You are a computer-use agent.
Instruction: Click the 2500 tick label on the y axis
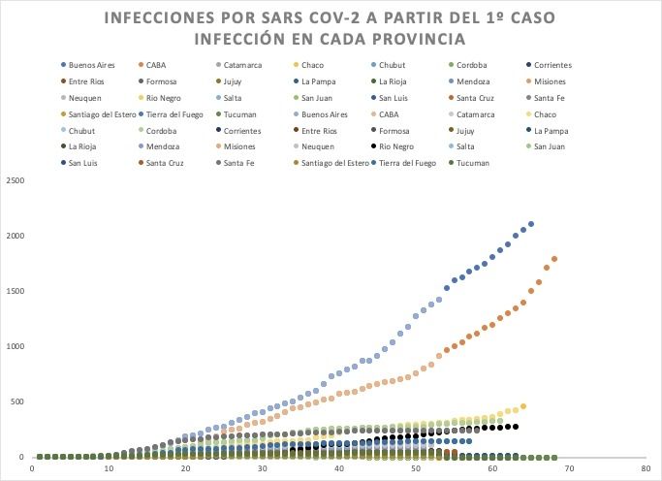click(16, 181)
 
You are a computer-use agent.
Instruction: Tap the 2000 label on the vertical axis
click(16, 237)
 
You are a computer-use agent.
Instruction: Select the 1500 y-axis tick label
click(16, 292)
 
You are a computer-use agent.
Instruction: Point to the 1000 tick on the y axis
click(16, 347)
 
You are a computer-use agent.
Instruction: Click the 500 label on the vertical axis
click(18, 401)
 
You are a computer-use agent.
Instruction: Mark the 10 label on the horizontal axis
click(110, 468)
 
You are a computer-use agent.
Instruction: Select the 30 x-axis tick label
click(263, 468)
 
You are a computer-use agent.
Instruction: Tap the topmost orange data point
click(554, 259)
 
